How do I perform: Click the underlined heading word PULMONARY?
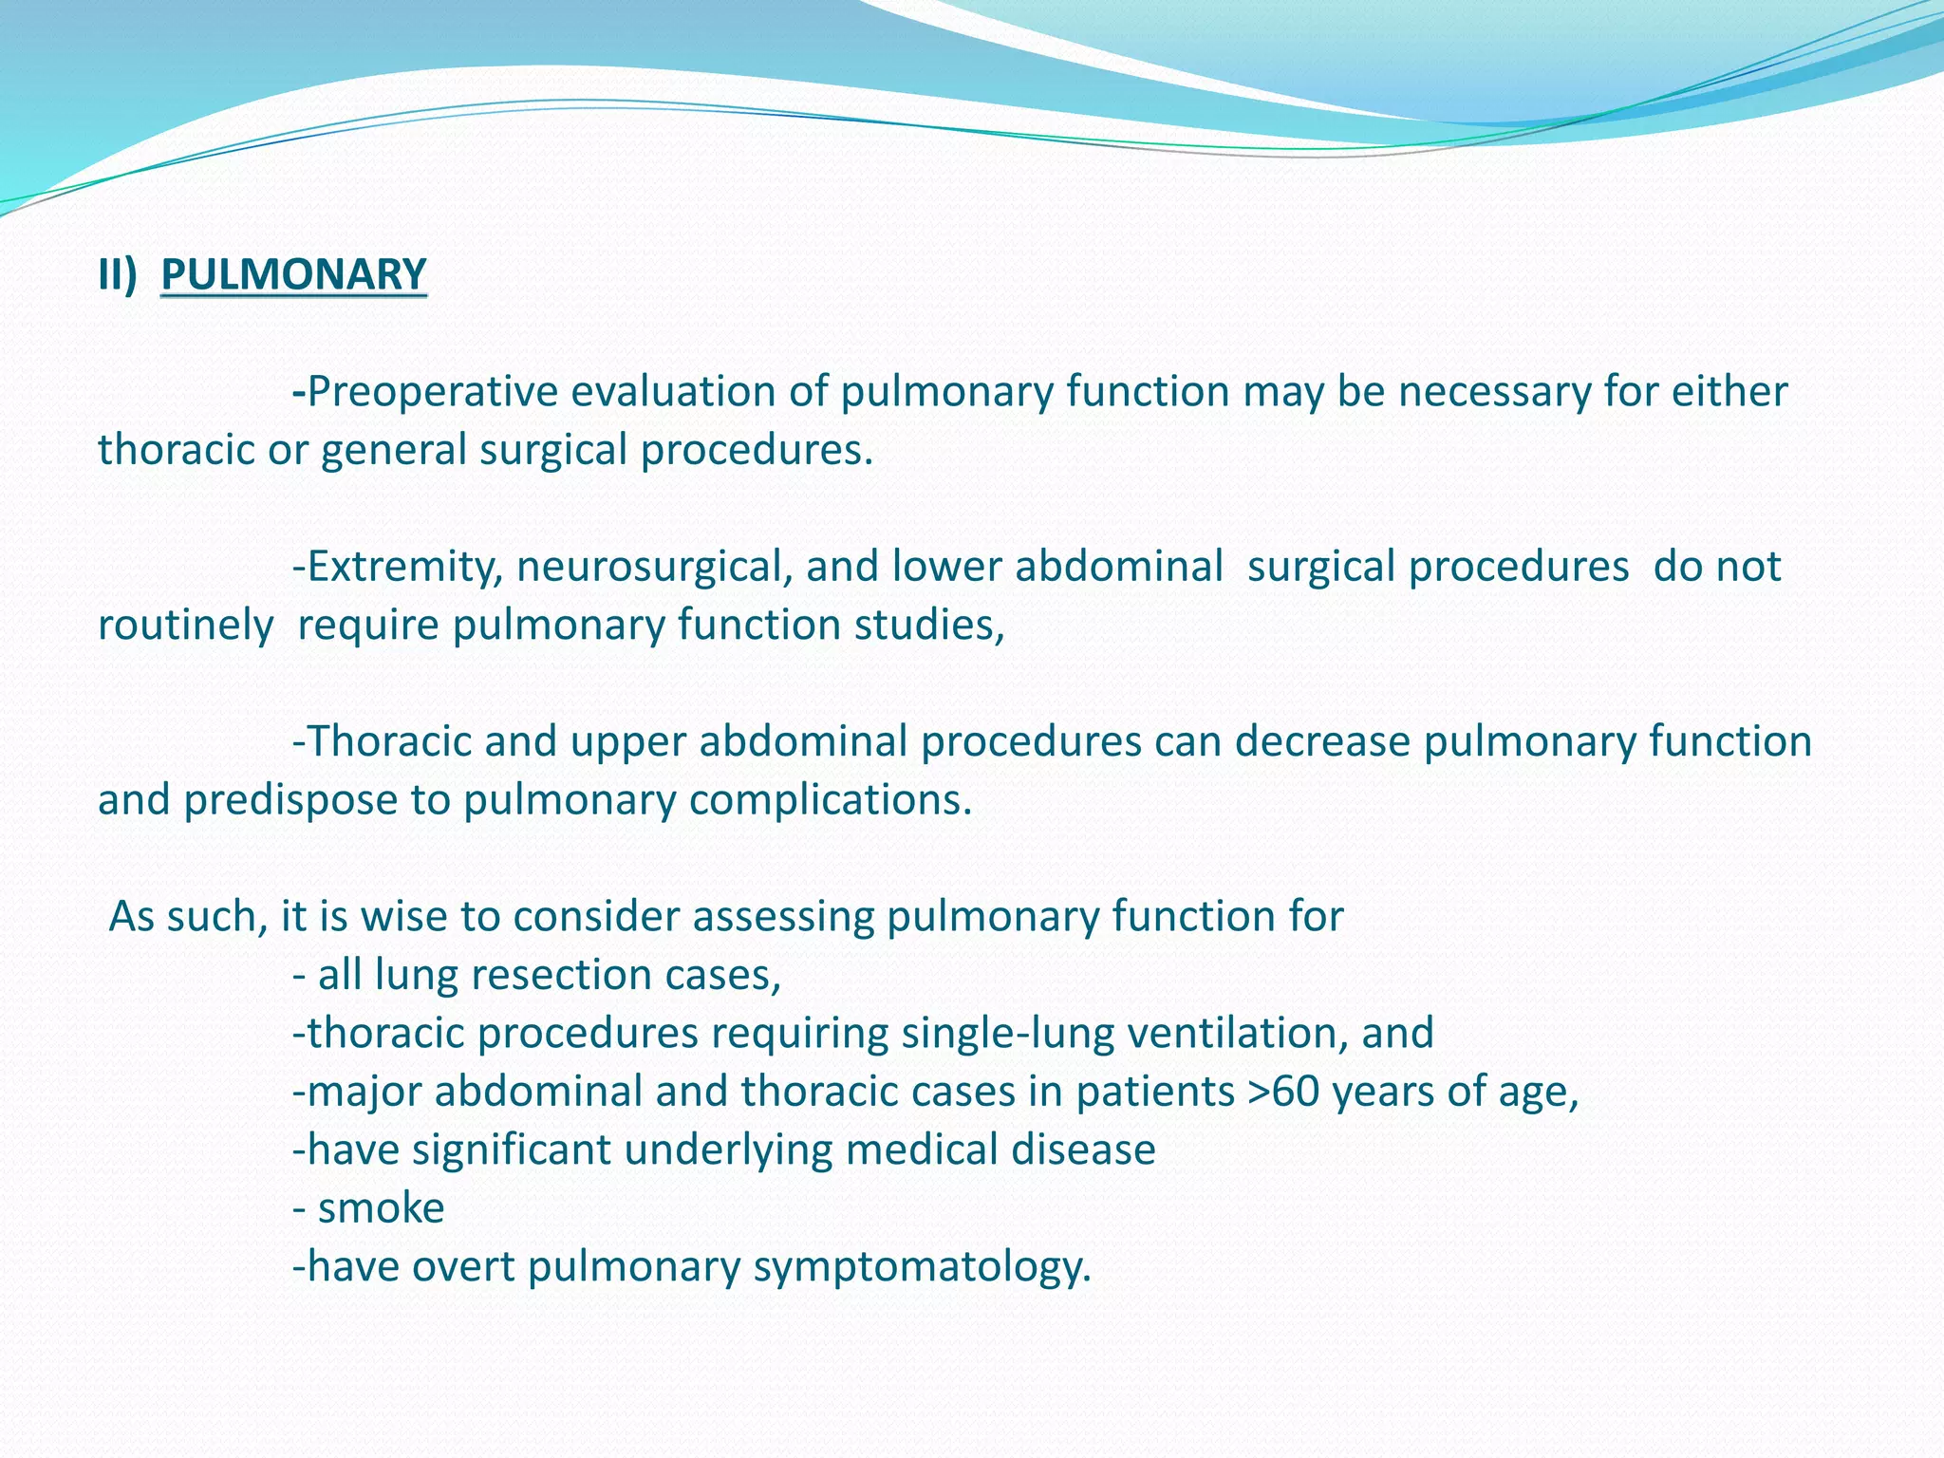[x=293, y=274]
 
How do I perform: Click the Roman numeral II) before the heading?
[x=118, y=274]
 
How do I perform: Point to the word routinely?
[x=186, y=625]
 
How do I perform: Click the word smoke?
[x=381, y=1208]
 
